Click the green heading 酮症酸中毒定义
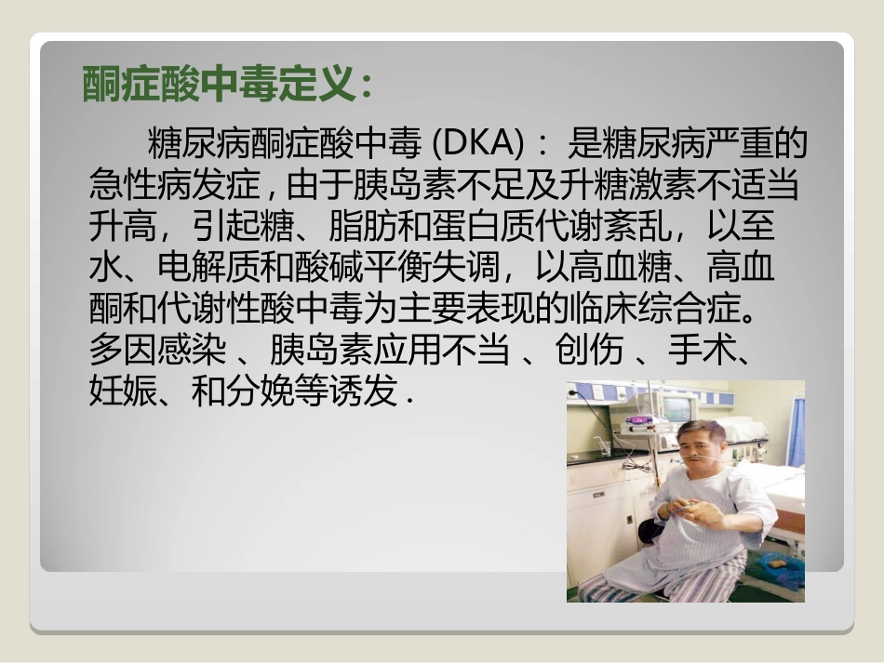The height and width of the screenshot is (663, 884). click(220, 85)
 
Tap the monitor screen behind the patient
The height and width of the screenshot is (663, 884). click(676, 408)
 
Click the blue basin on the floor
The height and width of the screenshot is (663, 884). click(780, 569)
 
